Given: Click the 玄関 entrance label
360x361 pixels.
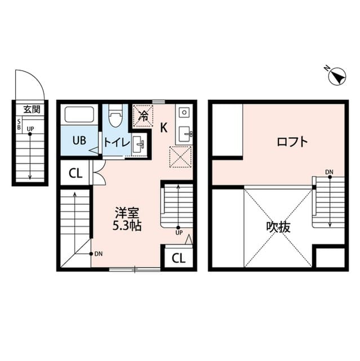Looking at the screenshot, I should click(x=32, y=109).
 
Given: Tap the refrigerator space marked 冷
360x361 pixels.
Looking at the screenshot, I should click(x=143, y=117).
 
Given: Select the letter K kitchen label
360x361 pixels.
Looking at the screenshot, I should click(x=164, y=127).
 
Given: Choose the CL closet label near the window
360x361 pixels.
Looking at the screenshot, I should click(x=178, y=258).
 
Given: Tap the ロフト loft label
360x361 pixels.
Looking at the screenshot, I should click(x=292, y=142).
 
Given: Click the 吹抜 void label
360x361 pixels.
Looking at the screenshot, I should click(x=277, y=227).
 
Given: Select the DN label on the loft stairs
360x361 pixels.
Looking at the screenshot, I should click(x=330, y=172).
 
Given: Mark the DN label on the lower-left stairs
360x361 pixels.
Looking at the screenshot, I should click(x=98, y=253).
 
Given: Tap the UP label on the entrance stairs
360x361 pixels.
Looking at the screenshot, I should click(x=30, y=129).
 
